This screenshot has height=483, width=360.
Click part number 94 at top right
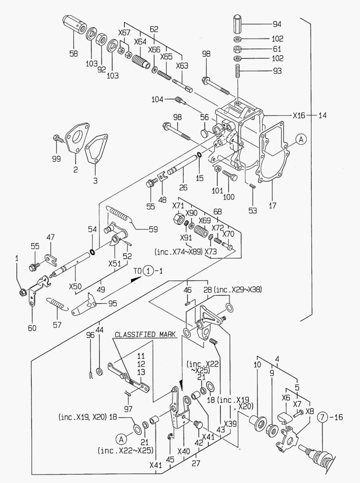277,23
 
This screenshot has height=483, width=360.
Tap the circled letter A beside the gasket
301,140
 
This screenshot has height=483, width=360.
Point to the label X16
299,115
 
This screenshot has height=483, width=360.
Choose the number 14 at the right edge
323,115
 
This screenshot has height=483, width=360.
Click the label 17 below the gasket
272,206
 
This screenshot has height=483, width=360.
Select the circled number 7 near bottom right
323,418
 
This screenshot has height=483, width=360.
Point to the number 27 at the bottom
196,464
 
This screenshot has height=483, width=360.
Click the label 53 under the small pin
253,210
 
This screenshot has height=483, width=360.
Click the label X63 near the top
182,66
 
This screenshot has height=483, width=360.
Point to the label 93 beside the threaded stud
277,71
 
